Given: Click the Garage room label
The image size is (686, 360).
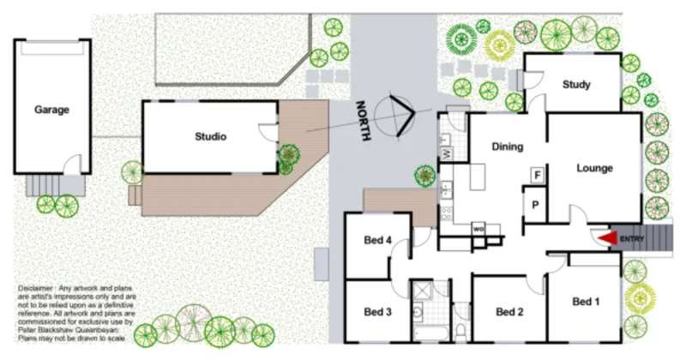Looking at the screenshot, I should (x=51, y=110).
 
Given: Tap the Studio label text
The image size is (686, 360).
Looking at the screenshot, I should (x=210, y=136).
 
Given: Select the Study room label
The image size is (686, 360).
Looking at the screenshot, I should (x=577, y=85).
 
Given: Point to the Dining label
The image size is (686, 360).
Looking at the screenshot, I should (x=507, y=147).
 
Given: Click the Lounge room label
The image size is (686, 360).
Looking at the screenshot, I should (x=594, y=168).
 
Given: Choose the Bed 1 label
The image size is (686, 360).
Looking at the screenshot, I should (x=587, y=302).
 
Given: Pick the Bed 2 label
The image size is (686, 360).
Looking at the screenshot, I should (x=509, y=312).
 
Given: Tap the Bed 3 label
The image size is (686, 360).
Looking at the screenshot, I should (x=377, y=311).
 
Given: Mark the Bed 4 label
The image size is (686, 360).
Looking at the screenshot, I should (x=377, y=240).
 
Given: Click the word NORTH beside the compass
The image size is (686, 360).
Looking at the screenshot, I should (x=366, y=120).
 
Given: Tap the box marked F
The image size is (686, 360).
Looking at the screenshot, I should (x=538, y=175).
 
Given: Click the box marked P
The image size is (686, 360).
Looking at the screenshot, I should (x=535, y=206).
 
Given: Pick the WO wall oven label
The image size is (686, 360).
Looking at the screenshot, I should (x=478, y=229).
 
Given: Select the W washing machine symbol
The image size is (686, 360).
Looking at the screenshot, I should (x=447, y=153).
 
